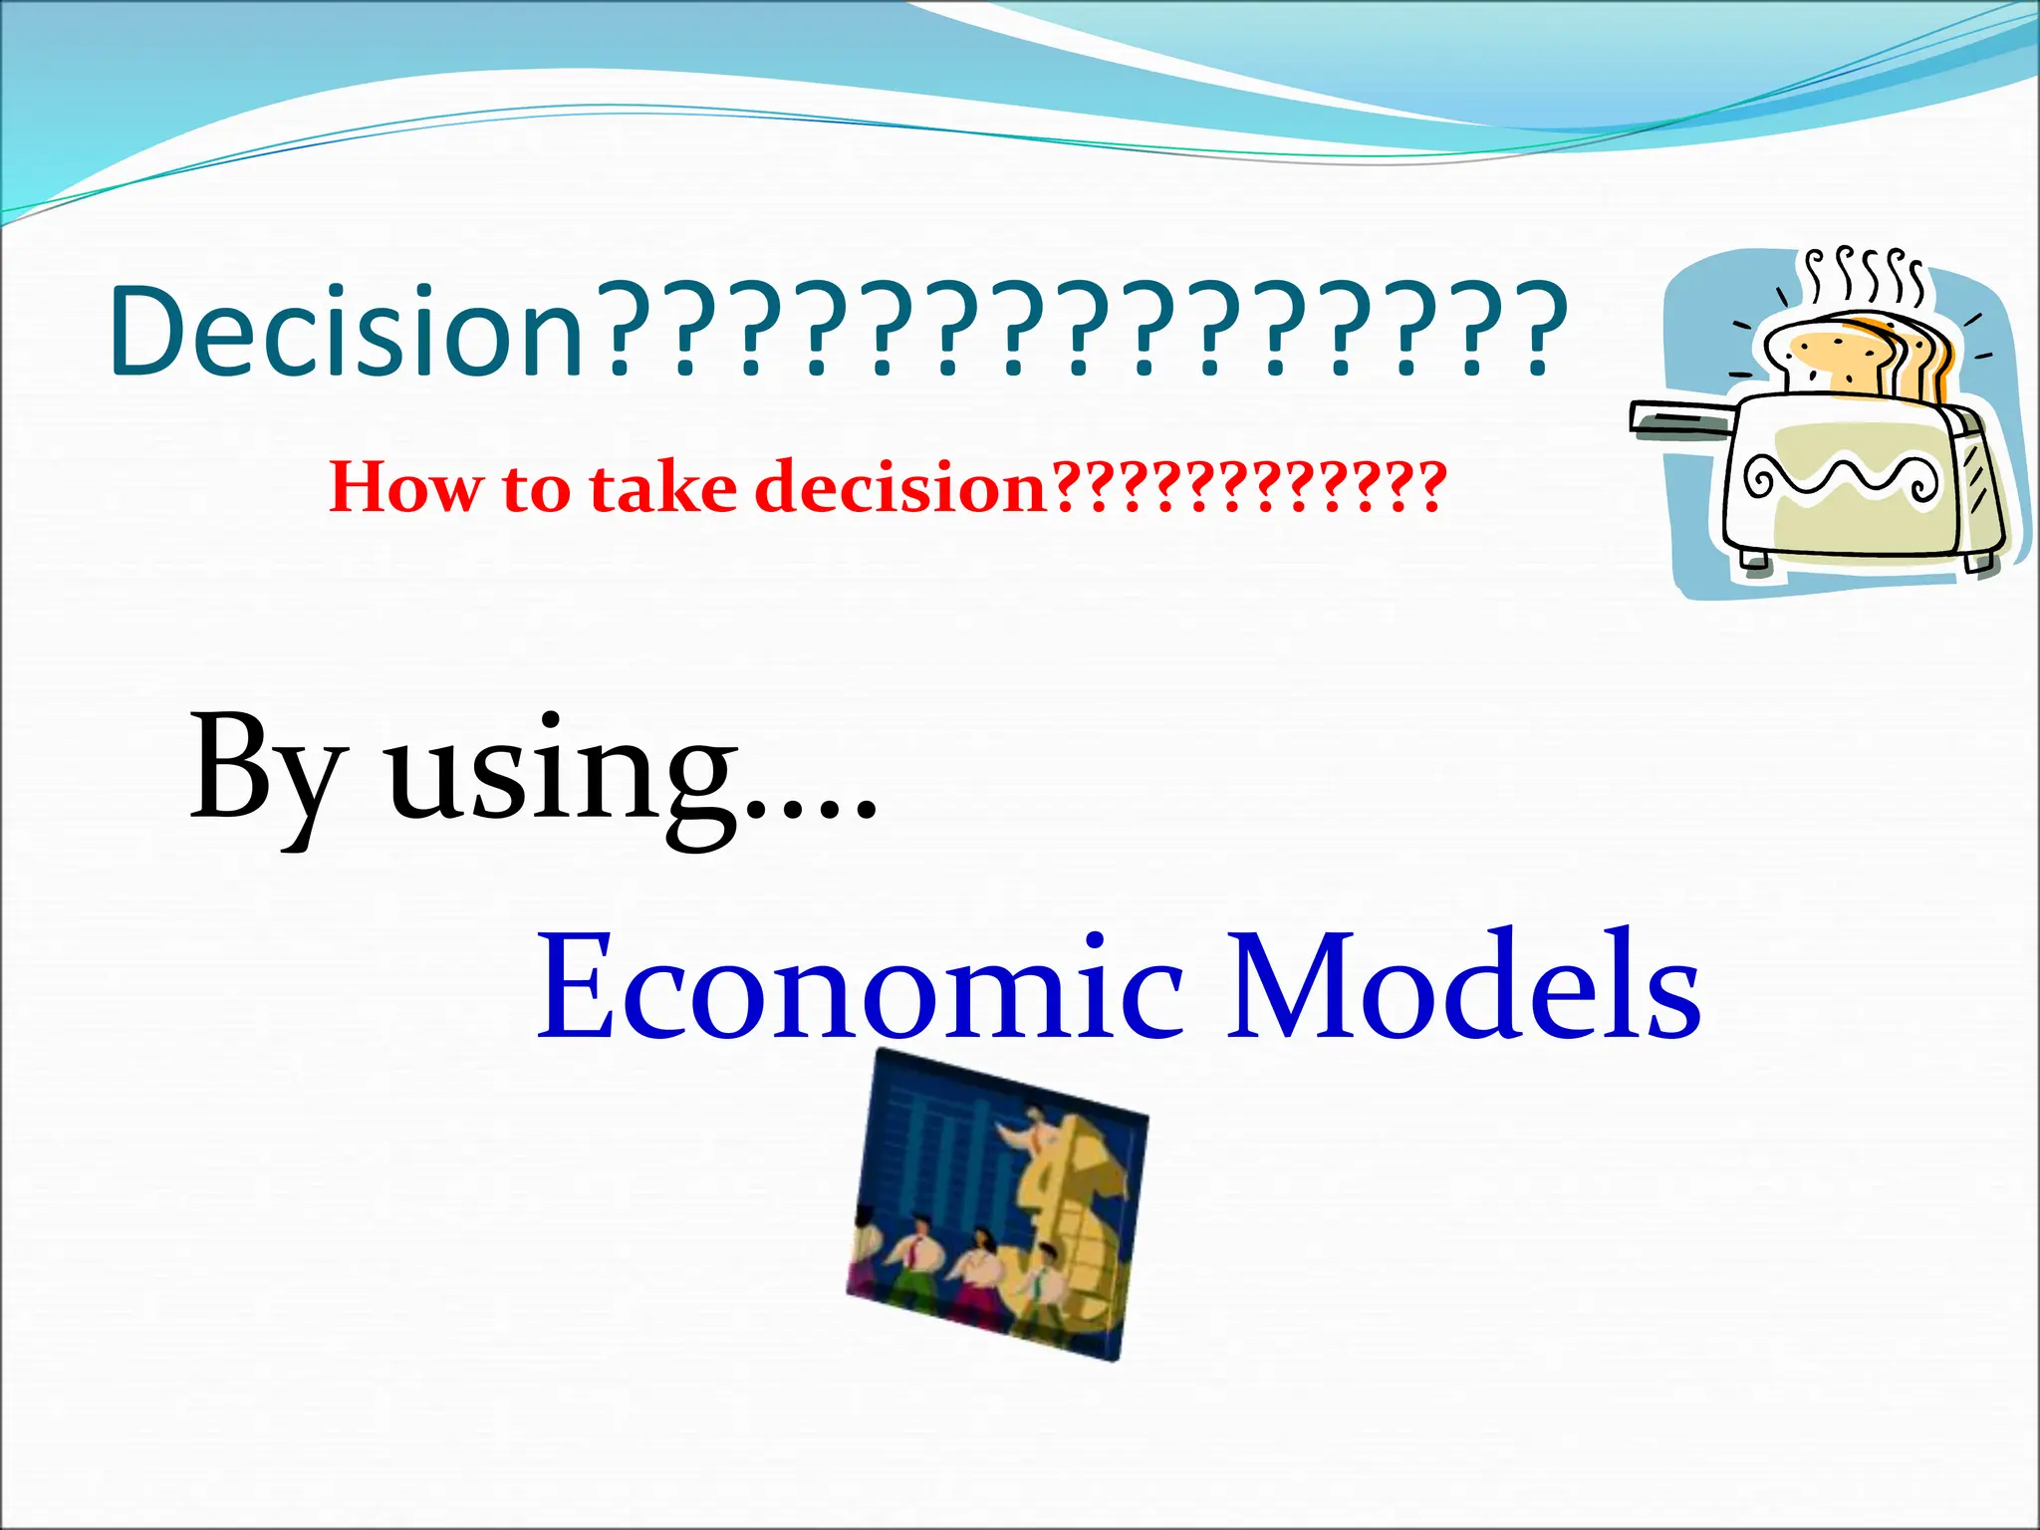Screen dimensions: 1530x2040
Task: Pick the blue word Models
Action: (1463, 986)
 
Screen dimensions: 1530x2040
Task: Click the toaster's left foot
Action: (1754, 563)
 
